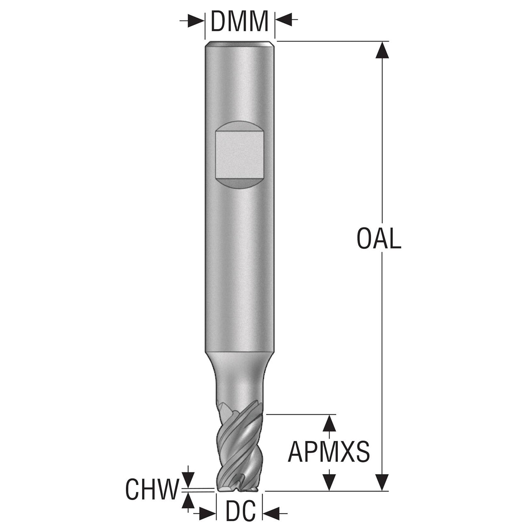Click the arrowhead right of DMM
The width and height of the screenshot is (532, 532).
click(283, 20)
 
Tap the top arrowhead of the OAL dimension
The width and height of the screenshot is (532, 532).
click(382, 50)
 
